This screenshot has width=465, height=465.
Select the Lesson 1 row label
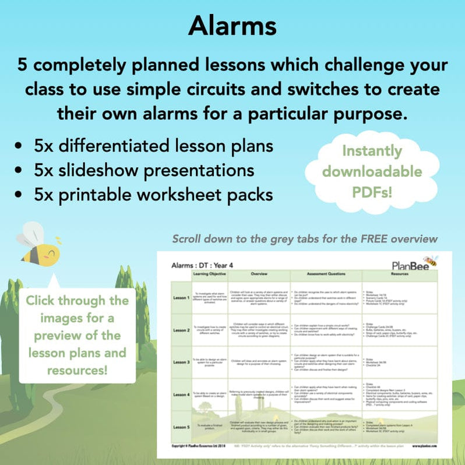181,298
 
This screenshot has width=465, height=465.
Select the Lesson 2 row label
181,330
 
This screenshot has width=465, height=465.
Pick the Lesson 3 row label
181,362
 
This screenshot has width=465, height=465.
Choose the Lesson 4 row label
181,394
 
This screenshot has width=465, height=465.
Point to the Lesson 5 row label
181,427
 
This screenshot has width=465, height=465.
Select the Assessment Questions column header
326,273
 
